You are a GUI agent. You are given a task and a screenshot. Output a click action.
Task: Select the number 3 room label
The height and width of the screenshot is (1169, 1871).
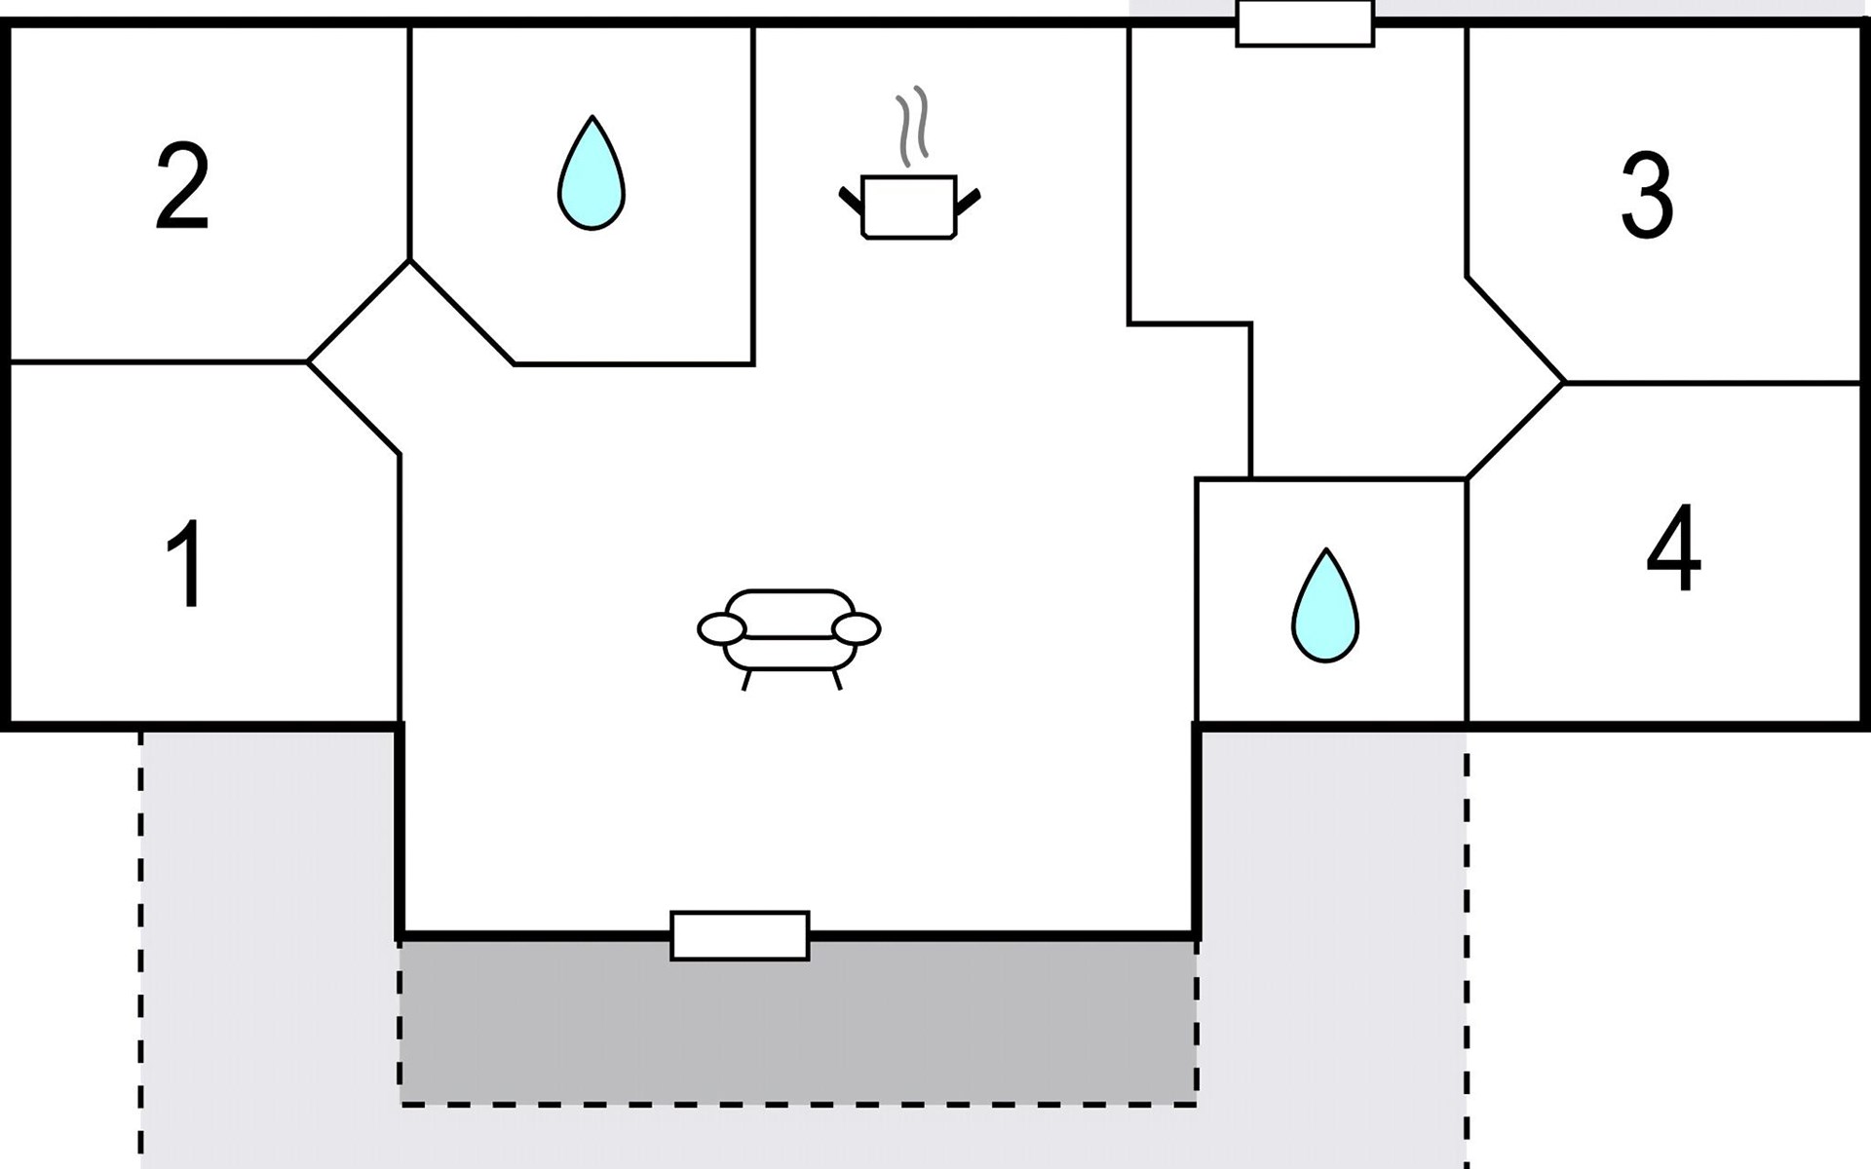pyautogui.click(x=1647, y=196)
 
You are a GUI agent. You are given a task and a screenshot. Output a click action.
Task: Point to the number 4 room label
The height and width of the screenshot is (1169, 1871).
pyautogui.click(x=1673, y=547)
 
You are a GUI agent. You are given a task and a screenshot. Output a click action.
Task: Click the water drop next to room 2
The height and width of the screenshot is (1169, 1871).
pyautogui.click(x=592, y=175)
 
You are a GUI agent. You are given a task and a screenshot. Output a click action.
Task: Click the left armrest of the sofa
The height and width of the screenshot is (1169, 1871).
pyautogui.click(x=722, y=629)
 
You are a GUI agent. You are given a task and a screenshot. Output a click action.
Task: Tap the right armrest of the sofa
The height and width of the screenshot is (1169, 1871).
pyautogui.click(x=858, y=629)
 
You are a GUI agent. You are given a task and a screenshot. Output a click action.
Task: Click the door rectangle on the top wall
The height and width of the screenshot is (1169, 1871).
pyautogui.click(x=1305, y=23)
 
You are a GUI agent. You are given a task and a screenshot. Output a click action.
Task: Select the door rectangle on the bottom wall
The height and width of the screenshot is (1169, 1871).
pyautogui.click(x=740, y=936)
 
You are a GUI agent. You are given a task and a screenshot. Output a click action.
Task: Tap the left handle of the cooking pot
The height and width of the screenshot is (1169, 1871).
pyautogui.click(x=851, y=200)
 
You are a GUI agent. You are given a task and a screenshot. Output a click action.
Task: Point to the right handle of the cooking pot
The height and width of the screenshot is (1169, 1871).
pyautogui.click(x=969, y=200)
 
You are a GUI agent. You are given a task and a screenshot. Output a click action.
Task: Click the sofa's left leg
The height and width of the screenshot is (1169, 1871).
pyautogui.click(x=746, y=680)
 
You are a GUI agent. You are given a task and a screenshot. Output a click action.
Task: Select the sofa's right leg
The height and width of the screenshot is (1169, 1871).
pyautogui.click(x=836, y=680)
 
